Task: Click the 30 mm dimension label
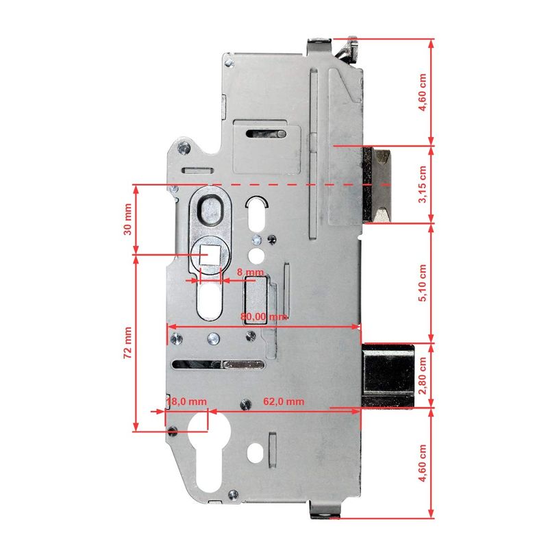[128, 219]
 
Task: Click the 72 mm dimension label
[128, 342]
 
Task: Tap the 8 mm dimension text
[250, 272]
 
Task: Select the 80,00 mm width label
[264, 317]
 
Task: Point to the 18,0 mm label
[186, 401]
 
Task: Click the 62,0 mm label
[284, 401]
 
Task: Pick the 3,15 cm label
[423, 184]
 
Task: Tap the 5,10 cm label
[423, 283]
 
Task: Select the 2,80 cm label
[423, 375]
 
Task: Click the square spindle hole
[210, 255]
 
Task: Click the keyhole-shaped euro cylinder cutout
[209, 453]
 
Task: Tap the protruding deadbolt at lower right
[388, 375]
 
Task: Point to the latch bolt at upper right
[376, 184]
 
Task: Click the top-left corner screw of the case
[229, 63]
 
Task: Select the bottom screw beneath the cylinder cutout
[233, 495]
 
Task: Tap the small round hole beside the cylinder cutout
[255, 453]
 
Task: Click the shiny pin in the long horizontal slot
[243, 365]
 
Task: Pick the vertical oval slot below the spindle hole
[210, 301]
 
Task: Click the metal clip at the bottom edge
[324, 510]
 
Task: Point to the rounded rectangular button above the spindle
[210, 211]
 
